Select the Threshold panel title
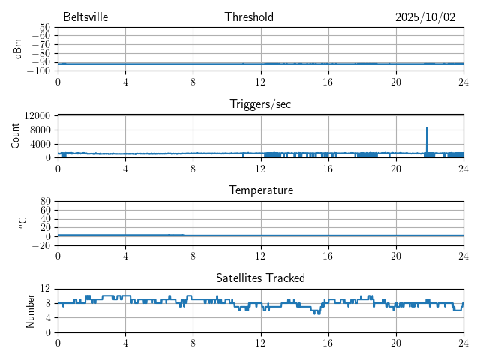249,17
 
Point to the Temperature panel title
260,190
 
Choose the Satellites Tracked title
260,277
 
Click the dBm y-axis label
18,49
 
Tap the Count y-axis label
15,136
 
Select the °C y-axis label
22,223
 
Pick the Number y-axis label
31,310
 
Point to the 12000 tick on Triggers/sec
37,115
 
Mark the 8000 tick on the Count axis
40,130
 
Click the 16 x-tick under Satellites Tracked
328,342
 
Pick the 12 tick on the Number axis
45,289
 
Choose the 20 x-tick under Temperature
396,255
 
